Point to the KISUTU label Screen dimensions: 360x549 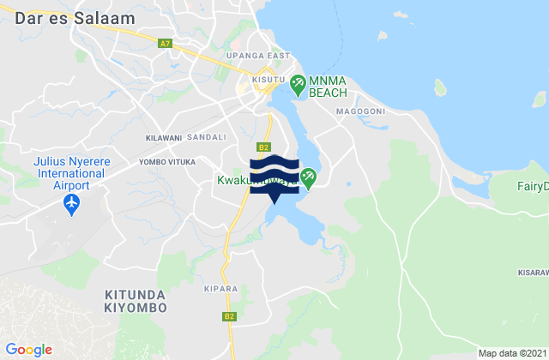point(268,80)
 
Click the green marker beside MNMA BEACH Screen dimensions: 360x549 point(298,84)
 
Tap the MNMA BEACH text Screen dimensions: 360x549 point(330,84)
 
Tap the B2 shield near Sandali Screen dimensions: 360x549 point(264,147)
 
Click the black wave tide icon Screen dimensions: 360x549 point(274,170)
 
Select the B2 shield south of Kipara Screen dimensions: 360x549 point(229,316)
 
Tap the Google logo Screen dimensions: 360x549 point(27,349)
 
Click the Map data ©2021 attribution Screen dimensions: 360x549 point(510,353)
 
